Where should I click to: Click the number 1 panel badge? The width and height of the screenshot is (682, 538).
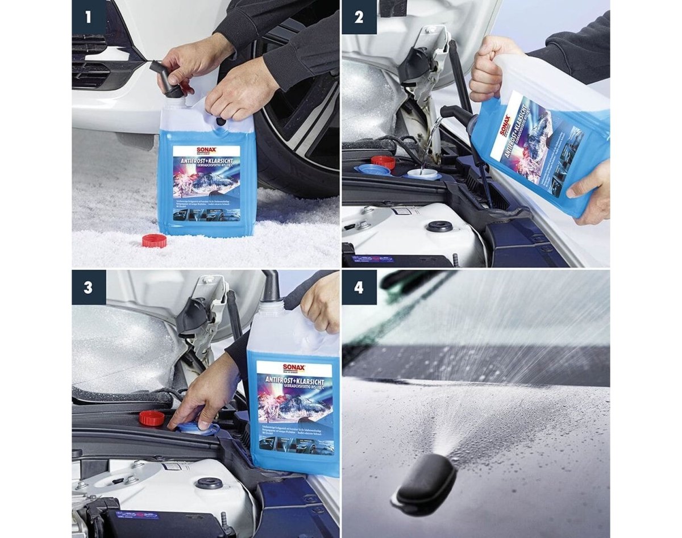tap(89, 17)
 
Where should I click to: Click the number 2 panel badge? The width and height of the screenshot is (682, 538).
tap(359, 17)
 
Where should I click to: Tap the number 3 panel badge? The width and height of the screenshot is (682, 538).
tap(89, 287)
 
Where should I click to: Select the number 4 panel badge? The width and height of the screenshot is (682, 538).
tap(359, 287)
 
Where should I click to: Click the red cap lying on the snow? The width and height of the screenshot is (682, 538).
tap(154, 240)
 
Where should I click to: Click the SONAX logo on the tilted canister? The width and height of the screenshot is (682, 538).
tap(505, 127)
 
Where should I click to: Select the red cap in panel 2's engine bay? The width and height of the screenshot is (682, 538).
tap(384, 162)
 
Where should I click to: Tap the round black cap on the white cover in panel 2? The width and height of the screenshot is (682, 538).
tap(439, 226)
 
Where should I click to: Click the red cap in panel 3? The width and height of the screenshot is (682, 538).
tap(151, 418)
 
